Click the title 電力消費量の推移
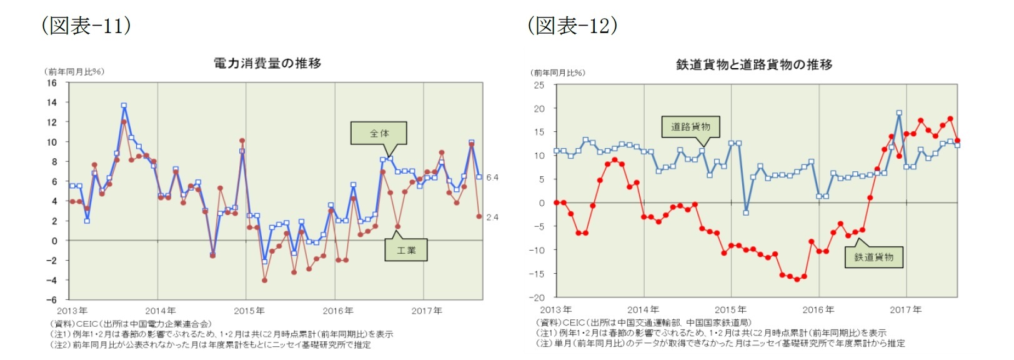(x=267, y=63)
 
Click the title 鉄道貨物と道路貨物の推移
(x=753, y=64)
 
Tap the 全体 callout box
(x=379, y=133)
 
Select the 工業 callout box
(x=406, y=250)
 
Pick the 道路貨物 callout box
(x=690, y=127)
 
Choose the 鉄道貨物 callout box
(x=873, y=257)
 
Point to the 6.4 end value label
(x=492, y=177)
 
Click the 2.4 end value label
(x=492, y=217)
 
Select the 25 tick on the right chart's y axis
(x=539, y=85)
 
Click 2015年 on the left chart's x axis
(x=249, y=311)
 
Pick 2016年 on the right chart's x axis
(x=818, y=309)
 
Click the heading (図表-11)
(x=86, y=25)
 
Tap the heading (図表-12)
(x=572, y=25)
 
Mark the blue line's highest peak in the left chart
(x=124, y=106)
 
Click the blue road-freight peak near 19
(x=899, y=113)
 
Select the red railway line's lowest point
(x=797, y=279)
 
